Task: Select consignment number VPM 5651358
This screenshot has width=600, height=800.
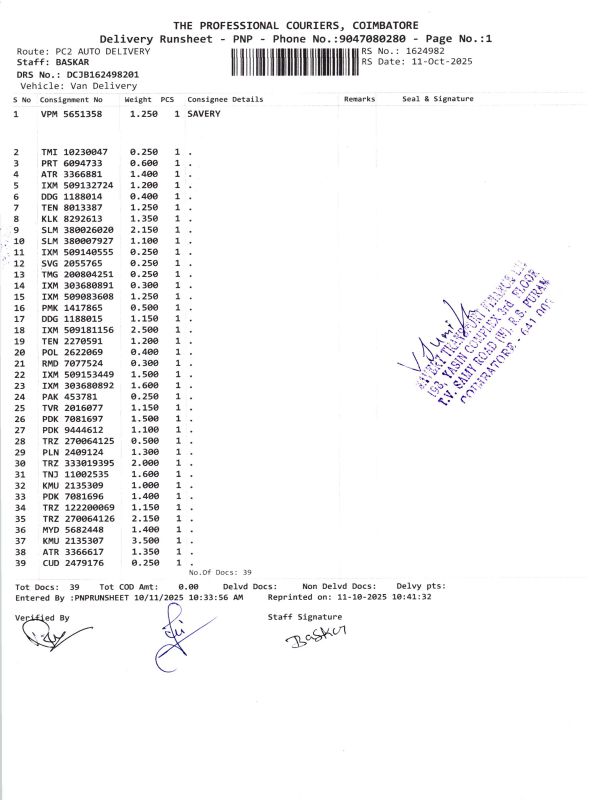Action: [x=71, y=115]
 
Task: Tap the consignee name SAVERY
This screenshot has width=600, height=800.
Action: [x=204, y=115]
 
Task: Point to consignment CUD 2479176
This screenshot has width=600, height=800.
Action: [x=71, y=562]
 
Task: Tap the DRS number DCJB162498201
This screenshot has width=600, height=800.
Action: [x=103, y=74]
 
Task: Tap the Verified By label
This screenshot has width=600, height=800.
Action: [x=43, y=618]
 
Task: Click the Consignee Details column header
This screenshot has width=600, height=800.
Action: [x=225, y=100]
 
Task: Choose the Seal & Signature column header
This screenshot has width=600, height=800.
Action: [x=438, y=100]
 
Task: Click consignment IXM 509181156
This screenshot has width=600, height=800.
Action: [x=77, y=329]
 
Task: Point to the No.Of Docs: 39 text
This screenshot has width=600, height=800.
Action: [x=220, y=572]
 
